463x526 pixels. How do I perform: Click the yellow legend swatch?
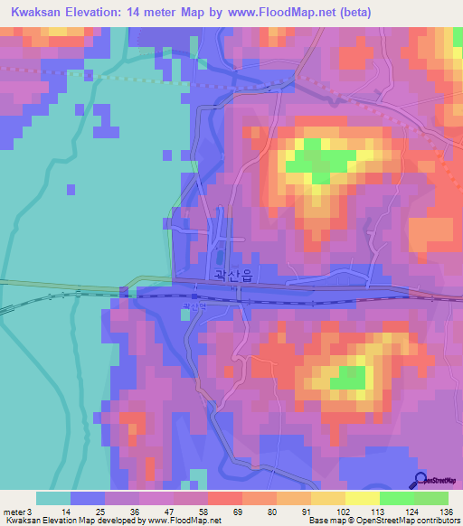tap(362, 498)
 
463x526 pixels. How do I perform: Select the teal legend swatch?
tap(53, 498)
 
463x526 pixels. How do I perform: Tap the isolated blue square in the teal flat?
tap(71, 189)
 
